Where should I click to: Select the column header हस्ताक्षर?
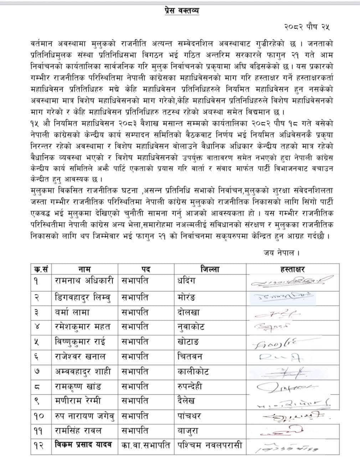pyautogui.click(x=292, y=269)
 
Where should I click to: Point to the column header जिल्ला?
pyautogui.click(x=210, y=269)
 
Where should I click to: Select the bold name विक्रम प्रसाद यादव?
pyautogui.click(x=83, y=445)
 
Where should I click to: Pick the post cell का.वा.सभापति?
pyautogui.click(x=145, y=445)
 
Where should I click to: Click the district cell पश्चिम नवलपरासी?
pyautogui.click(x=210, y=445)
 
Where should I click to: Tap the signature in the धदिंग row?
pyautogui.click(x=292, y=282)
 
